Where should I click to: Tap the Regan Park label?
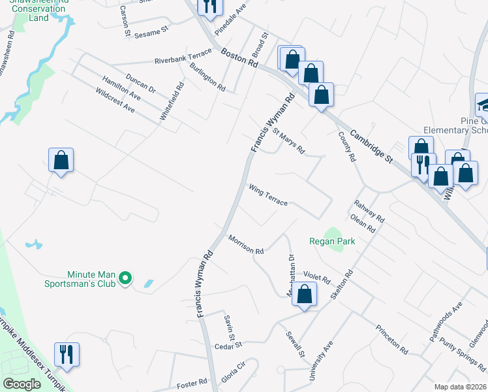[332, 241]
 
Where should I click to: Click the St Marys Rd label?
[288, 140]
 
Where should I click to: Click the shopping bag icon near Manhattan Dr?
[304, 294]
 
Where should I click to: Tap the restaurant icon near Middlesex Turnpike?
[66, 354]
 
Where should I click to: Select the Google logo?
[22, 384]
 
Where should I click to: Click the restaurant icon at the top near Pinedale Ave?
[209, 7]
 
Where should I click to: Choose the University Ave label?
[321, 361]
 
